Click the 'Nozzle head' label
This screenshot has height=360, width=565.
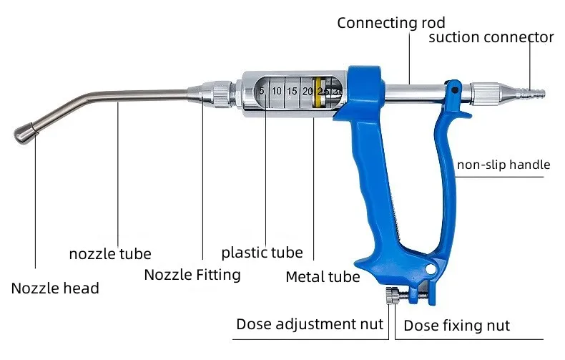[x=55, y=288]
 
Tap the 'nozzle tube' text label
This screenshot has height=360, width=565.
[x=110, y=253]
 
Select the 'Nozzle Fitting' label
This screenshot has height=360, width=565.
[x=192, y=275]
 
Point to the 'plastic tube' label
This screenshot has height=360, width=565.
[x=262, y=253]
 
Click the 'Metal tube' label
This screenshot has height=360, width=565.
[x=323, y=277]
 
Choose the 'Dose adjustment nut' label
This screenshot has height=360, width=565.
[x=310, y=324]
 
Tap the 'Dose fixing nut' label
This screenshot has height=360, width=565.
[x=456, y=326]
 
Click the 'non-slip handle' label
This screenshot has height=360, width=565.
[x=503, y=165]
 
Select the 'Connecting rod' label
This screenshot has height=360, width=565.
[x=391, y=23]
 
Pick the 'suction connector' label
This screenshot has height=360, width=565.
[x=491, y=37]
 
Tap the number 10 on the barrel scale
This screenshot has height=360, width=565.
[x=276, y=91]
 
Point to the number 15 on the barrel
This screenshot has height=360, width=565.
[x=292, y=91]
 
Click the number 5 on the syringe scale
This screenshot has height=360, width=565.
[x=262, y=91]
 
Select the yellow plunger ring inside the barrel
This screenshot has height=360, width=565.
[x=318, y=92]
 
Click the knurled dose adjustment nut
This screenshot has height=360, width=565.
[x=392, y=296]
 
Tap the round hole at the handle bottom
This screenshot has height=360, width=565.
[x=431, y=268]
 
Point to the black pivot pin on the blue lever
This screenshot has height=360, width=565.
[x=455, y=89]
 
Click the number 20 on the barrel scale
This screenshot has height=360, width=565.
[x=308, y=91]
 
